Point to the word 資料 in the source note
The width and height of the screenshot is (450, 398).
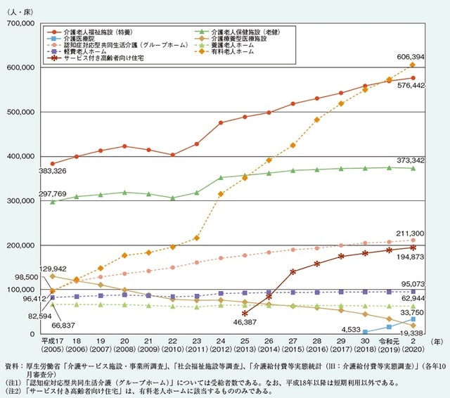(12, 366)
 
